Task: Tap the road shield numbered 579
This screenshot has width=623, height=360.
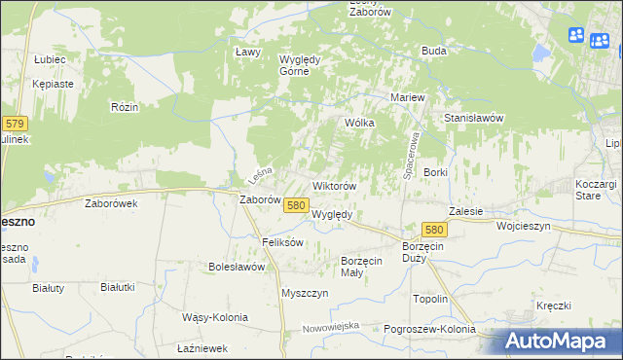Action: (x=15, y=124)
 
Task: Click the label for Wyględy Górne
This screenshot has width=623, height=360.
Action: (x=301, y=63)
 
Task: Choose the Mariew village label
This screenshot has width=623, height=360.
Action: (x=409, y=98)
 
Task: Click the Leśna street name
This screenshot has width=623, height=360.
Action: (x=258, y=176)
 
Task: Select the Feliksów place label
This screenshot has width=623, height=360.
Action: (x=283, y=241)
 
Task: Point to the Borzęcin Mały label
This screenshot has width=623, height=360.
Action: (x=366, y=267)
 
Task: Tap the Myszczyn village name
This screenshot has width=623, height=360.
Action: (x=302, y=293)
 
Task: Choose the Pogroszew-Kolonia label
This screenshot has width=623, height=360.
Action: (x=428, y=330)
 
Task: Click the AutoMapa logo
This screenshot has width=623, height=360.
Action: (x=555, y=342)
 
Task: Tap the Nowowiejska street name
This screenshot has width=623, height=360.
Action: (x=331, y=326)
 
